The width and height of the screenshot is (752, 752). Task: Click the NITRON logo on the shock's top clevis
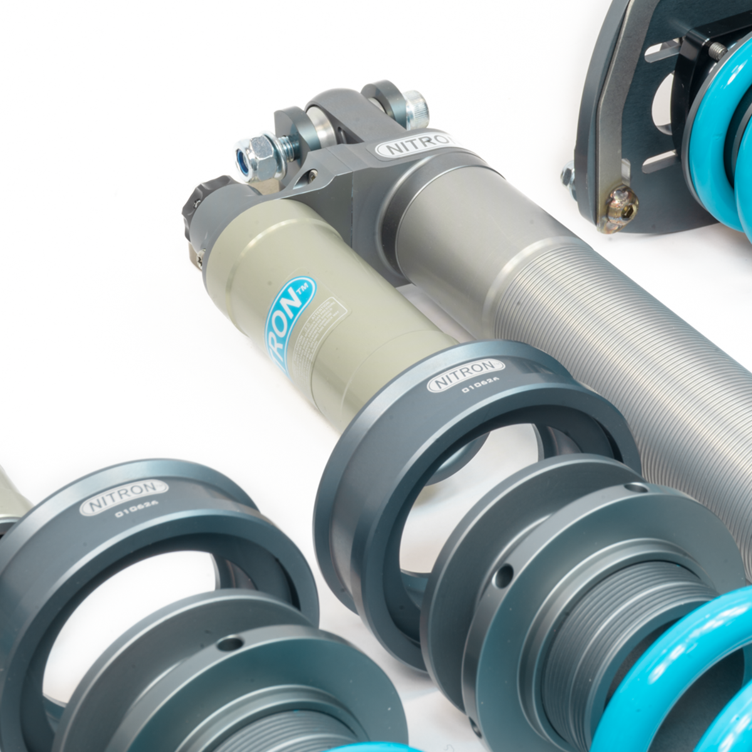415,146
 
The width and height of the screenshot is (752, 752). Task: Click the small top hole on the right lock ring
635,487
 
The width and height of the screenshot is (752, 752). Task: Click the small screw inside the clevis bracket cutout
311,177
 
